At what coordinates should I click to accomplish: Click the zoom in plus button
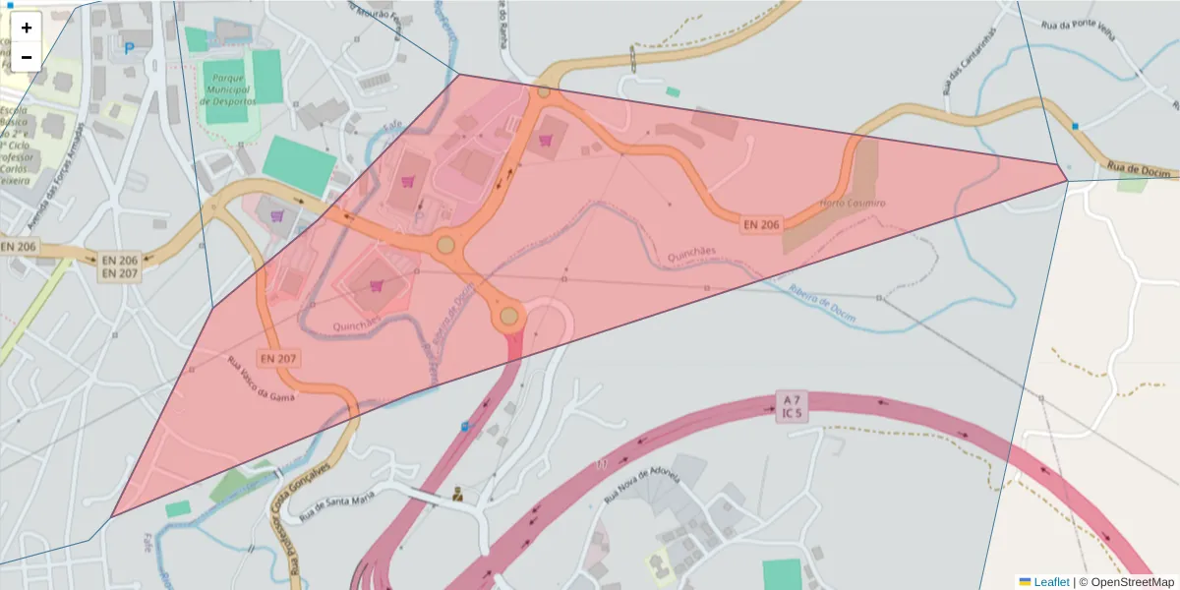[x=27, y=28]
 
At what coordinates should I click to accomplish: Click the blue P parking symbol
[x=129, y=47]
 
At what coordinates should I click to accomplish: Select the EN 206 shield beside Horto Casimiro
[x=761, y=224]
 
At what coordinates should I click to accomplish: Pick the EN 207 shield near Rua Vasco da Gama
[x=279, y=358]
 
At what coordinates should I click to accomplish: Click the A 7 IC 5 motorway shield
[x=792, y=406]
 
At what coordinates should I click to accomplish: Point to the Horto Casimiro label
[x=852, y=204]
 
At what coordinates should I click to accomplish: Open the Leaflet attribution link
[x=1051, y=582]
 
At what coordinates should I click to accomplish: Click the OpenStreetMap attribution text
[x=1131, y=582]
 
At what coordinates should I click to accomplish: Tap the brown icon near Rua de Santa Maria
[x=458, y=495]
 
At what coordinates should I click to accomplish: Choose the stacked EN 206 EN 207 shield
[x=120, y=266]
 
